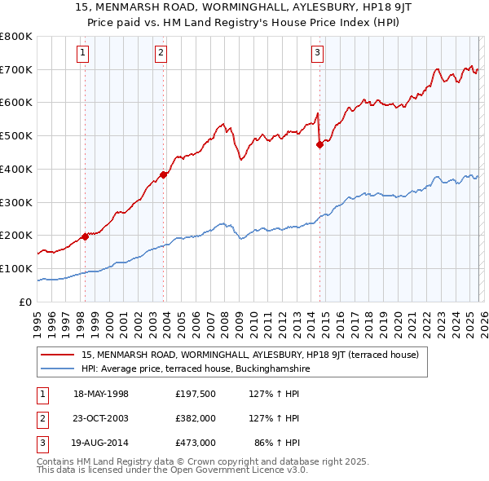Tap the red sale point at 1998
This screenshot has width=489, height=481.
(85, 236)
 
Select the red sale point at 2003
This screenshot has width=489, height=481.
(163, 174)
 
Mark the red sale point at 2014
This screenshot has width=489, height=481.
(319, 144)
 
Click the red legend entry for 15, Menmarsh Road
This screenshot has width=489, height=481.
(250, 355)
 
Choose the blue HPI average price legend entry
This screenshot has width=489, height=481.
(196, 368)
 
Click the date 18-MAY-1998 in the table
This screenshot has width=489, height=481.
(101, 395)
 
